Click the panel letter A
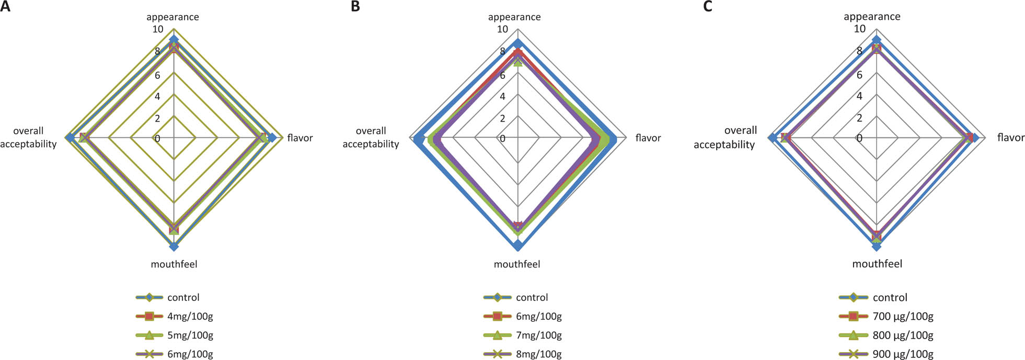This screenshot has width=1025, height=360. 5,6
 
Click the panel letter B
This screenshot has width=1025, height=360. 355,6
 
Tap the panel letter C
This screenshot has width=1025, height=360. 707,6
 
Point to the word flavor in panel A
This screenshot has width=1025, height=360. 300,138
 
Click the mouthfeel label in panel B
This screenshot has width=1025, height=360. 517,264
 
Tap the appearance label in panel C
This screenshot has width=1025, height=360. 872,17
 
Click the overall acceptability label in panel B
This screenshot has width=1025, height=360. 371,137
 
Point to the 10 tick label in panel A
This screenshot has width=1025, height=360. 158,29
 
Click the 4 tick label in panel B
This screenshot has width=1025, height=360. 502,97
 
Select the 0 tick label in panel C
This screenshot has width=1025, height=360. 859,138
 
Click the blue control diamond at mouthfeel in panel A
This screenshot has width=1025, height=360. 174,246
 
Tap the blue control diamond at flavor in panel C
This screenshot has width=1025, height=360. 974,137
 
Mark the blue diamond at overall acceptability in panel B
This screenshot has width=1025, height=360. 419,138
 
